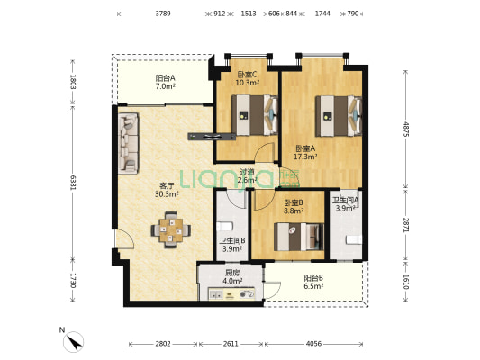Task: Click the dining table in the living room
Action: [x=171, y=229]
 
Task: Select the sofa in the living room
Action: [x=128, y=143]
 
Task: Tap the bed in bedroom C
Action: [x=255, y=115]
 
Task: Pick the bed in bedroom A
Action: [x=339, y=116]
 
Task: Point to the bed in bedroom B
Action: [x=299, y=237]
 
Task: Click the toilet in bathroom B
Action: [x=225, y=226]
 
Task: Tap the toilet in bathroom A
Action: [x=354, y=239]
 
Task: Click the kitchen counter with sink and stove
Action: [x=231, y=293]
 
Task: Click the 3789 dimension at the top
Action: [x=163, y=13]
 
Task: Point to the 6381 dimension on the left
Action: [x=73, y=183]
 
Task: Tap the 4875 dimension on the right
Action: [x=405, y=129]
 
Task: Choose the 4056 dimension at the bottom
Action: [x=313, y=344]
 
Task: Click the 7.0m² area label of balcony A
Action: [x=166, y=86]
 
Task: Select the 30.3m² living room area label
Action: [x=167, y=193]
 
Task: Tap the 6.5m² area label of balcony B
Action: [x=313, y=286]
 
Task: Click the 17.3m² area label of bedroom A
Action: [x=305, y=157]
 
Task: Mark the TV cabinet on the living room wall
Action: [x=212, y=137]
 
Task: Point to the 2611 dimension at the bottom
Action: [x=231, y=344]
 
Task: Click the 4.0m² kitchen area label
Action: [x=232, y=280]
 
